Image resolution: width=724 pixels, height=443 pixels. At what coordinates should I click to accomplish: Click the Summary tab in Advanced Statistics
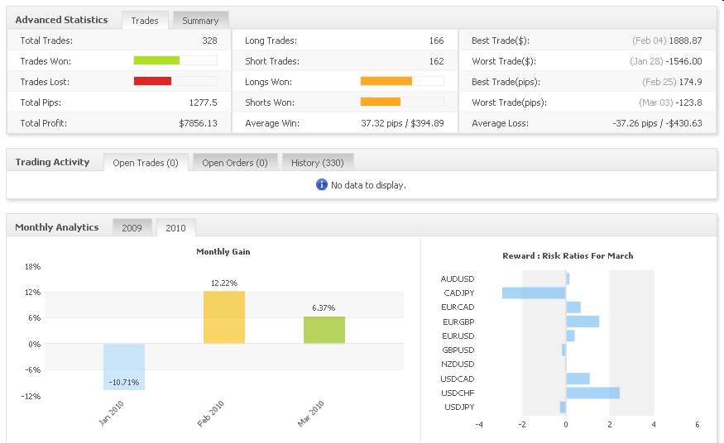click(200, 21)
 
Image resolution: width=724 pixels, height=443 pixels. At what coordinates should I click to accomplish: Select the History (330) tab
click(318, 163)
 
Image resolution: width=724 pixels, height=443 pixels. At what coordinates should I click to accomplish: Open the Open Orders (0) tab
click(235, 163)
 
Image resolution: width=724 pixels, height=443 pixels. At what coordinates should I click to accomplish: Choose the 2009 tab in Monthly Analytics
click(132, 228)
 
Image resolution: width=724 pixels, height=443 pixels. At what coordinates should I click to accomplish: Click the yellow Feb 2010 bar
click(224, 317)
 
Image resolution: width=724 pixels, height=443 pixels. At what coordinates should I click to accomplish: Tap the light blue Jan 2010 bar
click(124, 366)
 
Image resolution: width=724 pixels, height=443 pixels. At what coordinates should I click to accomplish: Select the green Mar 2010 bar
click(324, 330)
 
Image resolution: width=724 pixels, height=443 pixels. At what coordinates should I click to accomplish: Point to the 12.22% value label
click(224, 283)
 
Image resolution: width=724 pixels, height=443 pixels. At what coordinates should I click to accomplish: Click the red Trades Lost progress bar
click(152, 81)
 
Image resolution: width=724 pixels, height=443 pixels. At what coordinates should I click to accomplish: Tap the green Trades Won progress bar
click(156, 60)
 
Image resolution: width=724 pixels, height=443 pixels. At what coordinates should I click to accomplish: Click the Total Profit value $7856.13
click(198, 123)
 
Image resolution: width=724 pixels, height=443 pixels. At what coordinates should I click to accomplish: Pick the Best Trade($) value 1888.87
click(686, 40)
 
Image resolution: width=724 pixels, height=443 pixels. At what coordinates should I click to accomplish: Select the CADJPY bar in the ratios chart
click(534, 293)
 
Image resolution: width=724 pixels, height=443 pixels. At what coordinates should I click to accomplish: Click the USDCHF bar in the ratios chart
click(592, 393)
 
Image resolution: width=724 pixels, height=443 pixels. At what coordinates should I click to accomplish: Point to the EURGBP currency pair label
click(458, 322)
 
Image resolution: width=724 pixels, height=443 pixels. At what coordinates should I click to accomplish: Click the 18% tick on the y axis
click(33, 267)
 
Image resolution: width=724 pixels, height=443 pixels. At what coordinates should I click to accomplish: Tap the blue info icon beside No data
click(322, 184)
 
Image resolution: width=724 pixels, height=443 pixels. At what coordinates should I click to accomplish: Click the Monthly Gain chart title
click(223, 252)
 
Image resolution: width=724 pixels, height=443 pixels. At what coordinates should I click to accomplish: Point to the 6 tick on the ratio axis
click(697, 425)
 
